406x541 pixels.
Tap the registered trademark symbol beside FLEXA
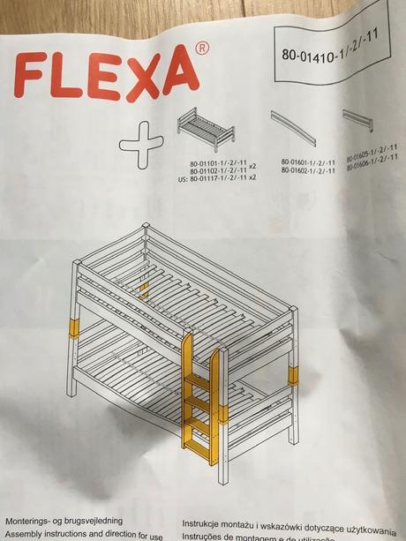click(x=202, y=49)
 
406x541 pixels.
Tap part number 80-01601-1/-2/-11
click(x=308, y=162)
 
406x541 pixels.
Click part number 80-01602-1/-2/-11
click(x=308, y=170)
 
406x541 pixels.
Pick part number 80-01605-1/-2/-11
click(x=375, y=155)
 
